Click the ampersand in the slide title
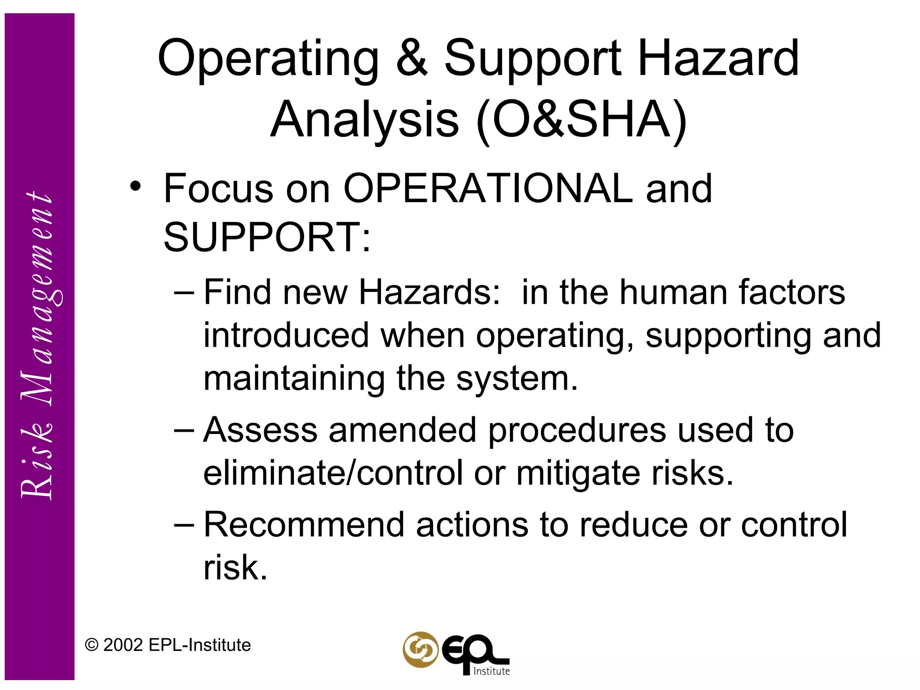tap(411, 58)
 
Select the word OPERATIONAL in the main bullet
tap(488, 189)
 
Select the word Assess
tap(261, 430)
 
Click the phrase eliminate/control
tap(333, 473)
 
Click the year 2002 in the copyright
tap(123, 645)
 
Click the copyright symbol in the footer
tap(92, 646)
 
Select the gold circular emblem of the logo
tap(420, 650)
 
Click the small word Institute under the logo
tap(491, 671)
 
